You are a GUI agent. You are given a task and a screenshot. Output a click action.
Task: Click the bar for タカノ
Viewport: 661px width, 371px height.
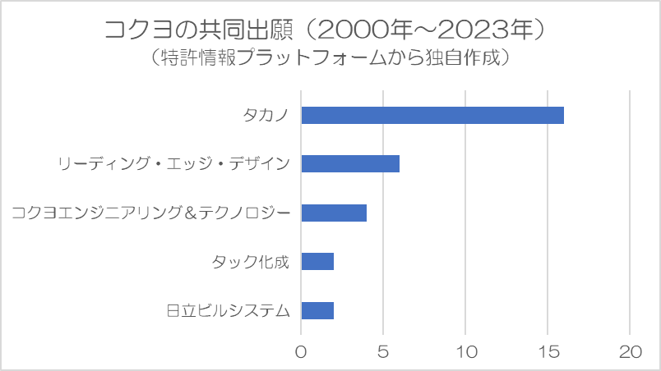pos(432,115)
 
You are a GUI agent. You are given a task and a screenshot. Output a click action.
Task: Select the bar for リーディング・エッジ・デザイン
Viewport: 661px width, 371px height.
pos(350,163)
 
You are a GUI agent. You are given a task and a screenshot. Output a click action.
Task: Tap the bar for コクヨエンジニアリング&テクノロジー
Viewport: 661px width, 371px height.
pos(334,213)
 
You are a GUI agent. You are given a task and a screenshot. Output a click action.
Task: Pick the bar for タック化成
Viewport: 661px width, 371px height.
pos(317,261)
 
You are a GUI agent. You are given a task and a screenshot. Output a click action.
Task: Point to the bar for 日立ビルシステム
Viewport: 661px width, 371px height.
pos(317,310)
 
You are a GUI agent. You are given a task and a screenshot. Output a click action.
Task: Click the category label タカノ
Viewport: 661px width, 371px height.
pos(266,115)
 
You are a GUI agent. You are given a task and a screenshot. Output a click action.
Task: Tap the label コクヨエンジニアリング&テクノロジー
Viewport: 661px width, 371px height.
pos(151,213)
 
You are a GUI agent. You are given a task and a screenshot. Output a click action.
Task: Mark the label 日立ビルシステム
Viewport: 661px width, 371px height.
pos(229,310)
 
